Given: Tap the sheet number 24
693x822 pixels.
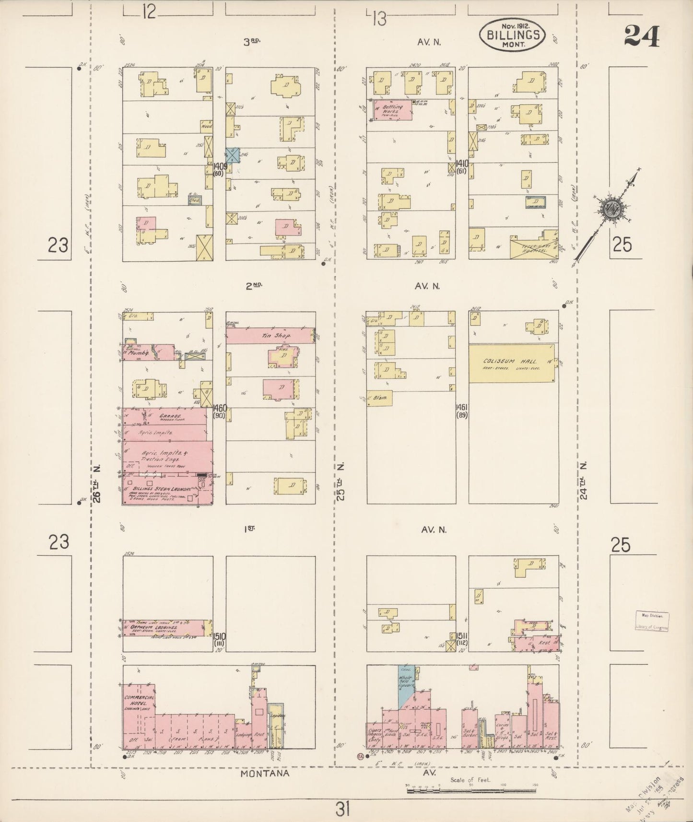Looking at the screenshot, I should (642, 35).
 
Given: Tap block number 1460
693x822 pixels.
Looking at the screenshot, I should (220, 409).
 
